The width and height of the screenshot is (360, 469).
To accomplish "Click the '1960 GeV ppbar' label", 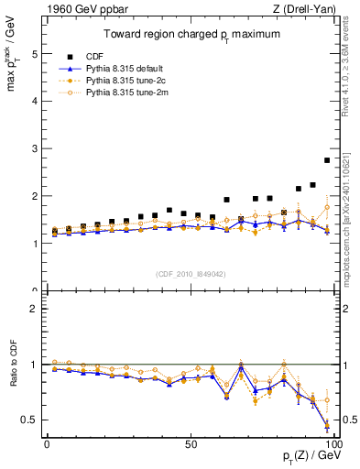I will point(65,10).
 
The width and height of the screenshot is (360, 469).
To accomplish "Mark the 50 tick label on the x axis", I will point(191,443).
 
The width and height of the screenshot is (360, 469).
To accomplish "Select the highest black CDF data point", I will point(327,160).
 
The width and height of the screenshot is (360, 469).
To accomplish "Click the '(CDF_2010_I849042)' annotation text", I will point(190,274).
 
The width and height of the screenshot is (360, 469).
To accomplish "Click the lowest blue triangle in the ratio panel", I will point(327,423).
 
